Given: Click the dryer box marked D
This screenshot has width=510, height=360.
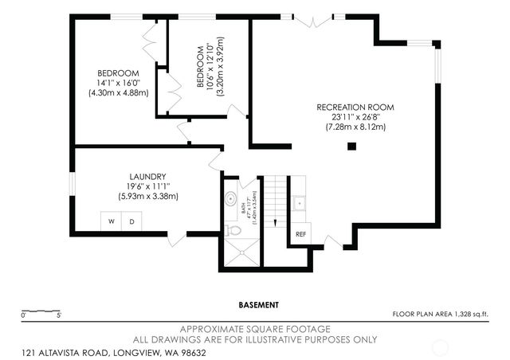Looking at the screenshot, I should click(x=131, y=221).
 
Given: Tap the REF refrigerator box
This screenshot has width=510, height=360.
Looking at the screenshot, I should click(x=301, y=234).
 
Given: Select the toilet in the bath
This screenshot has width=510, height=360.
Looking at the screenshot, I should click(x=233, y=230).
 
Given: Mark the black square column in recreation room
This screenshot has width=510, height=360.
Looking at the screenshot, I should click(x=351, y=146).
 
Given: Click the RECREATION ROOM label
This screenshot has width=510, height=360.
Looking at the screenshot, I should click(x=355, y=108).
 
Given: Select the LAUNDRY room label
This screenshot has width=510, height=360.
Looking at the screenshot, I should click(x=147, y=177).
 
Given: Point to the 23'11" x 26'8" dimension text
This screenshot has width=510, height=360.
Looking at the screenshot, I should click(x=355, y=117).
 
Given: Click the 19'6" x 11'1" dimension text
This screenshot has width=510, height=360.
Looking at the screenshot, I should click(x=147, y=186).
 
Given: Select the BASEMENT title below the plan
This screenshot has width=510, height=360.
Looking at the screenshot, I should click(x=258, y=304).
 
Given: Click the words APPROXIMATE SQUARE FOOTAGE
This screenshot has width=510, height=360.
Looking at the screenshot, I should click(x=255, y=329).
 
